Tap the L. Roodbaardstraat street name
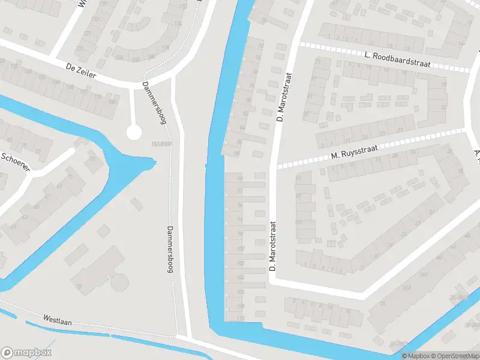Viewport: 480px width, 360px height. pos(398,57)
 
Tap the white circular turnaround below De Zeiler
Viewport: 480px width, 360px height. pos(134,133)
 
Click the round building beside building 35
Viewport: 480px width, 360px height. pos(120,281)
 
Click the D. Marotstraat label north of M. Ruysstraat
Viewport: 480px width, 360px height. pos(284,97)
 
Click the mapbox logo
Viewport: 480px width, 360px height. pos(27,353)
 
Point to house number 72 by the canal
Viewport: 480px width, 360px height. pos(260,46)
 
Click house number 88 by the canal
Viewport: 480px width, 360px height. pos(238,154)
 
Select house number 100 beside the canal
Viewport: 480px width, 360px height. pos(241,248)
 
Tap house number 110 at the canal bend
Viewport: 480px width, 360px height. pos(241,318)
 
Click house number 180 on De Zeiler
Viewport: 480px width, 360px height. pos(112,101)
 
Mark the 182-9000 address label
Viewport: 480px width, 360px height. pos(162,145)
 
